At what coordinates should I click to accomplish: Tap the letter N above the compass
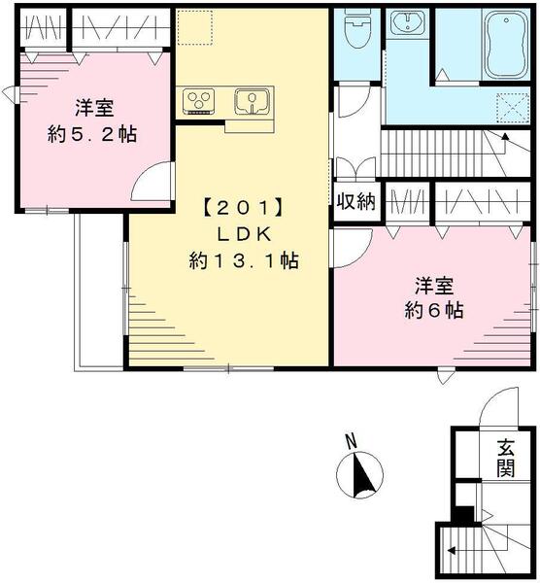(x=352, y=443)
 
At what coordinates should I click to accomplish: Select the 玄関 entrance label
(x=504, y=459)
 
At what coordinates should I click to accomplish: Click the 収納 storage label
(x=355, y=202)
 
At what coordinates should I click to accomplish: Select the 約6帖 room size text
(x=433, y=311)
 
